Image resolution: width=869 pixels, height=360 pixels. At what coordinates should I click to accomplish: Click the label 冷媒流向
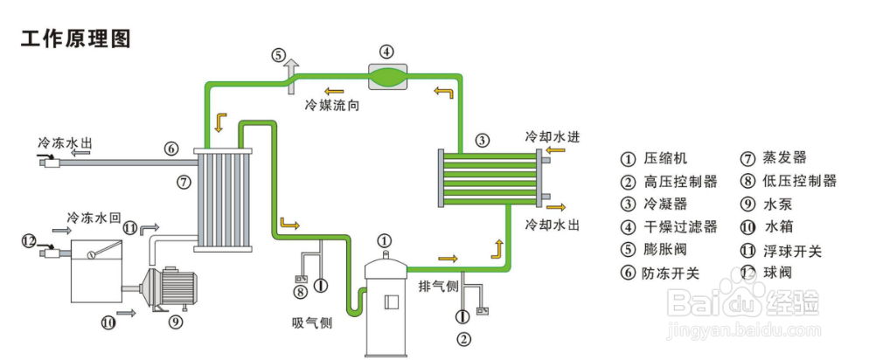(332, 106)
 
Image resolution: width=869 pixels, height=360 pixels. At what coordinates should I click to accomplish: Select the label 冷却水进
(553, 138)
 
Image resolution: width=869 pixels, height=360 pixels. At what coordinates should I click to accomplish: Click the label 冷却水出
(553, 225)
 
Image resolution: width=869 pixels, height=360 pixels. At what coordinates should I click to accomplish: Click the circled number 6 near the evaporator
(171, 149)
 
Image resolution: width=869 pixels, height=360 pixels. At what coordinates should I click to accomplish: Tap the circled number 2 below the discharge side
(464, 339)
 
